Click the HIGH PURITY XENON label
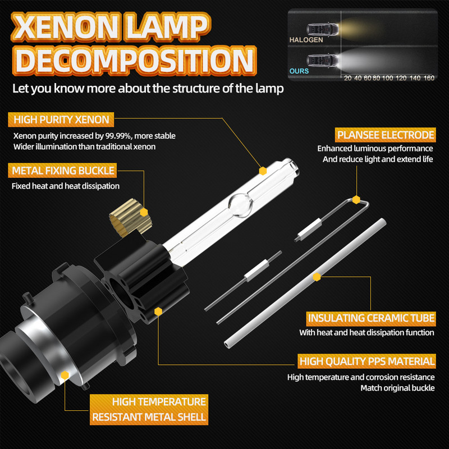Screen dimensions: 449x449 (62, 120)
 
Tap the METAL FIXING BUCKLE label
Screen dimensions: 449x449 (62, 170)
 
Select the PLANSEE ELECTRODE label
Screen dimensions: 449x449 (385, 135)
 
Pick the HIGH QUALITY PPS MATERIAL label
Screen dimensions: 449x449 (367, 361)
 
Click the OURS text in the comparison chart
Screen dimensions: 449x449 (299, 72)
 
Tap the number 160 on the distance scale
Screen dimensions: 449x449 (429, 78)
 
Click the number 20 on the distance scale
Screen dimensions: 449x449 (348, 78)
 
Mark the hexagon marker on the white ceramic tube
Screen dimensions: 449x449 (317, 277)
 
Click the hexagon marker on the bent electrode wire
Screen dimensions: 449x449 (356, 199)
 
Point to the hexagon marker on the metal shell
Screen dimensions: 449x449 (65, 375)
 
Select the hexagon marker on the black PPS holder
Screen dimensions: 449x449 (159, 310)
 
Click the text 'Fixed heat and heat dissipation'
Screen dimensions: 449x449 (66, 186)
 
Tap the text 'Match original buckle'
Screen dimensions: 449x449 (397, 388)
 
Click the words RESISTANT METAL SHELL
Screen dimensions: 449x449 (149, 417)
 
